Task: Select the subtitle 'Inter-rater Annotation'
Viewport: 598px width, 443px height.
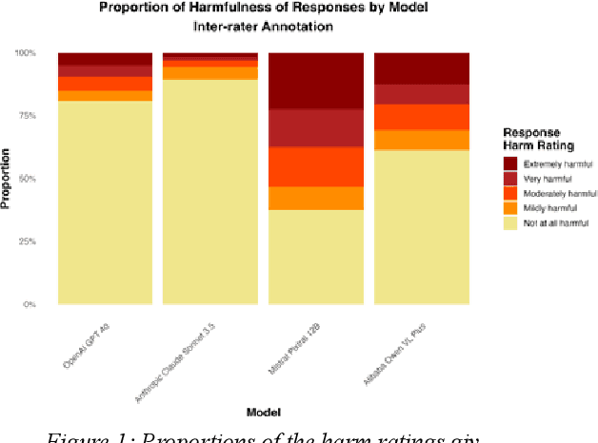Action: pos(263,27)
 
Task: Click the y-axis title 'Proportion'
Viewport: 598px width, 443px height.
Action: pos(7,179)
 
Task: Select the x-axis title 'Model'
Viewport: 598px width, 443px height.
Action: pos(263,412)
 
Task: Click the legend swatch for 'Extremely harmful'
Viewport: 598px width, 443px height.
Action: pos(511,162)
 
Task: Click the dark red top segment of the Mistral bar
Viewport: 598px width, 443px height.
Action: pos(316,81)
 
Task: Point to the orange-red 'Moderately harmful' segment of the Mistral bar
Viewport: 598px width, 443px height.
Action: pos(316,166)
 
